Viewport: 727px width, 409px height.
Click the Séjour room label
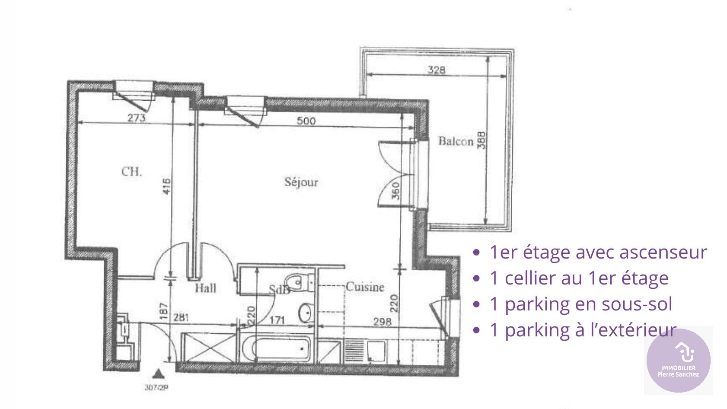point(301,182)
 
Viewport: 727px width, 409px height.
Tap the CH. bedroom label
point(131,172)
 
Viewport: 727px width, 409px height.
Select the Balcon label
point(456,141)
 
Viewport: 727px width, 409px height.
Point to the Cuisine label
point(365,287)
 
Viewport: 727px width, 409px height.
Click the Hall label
point(205,288)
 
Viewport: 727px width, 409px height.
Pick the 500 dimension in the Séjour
point(306,121)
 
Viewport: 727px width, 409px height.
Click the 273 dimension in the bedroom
point(136,118)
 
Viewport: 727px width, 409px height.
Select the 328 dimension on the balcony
point(437,70)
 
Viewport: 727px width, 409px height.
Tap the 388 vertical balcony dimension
point(481,140)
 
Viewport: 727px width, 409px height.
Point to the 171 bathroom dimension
point(277,320)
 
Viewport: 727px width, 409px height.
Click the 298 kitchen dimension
point(382,321)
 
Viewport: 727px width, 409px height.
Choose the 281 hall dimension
point(181,318)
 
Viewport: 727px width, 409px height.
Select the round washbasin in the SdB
point(306,312)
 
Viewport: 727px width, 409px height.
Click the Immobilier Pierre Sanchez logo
point(678,360)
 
